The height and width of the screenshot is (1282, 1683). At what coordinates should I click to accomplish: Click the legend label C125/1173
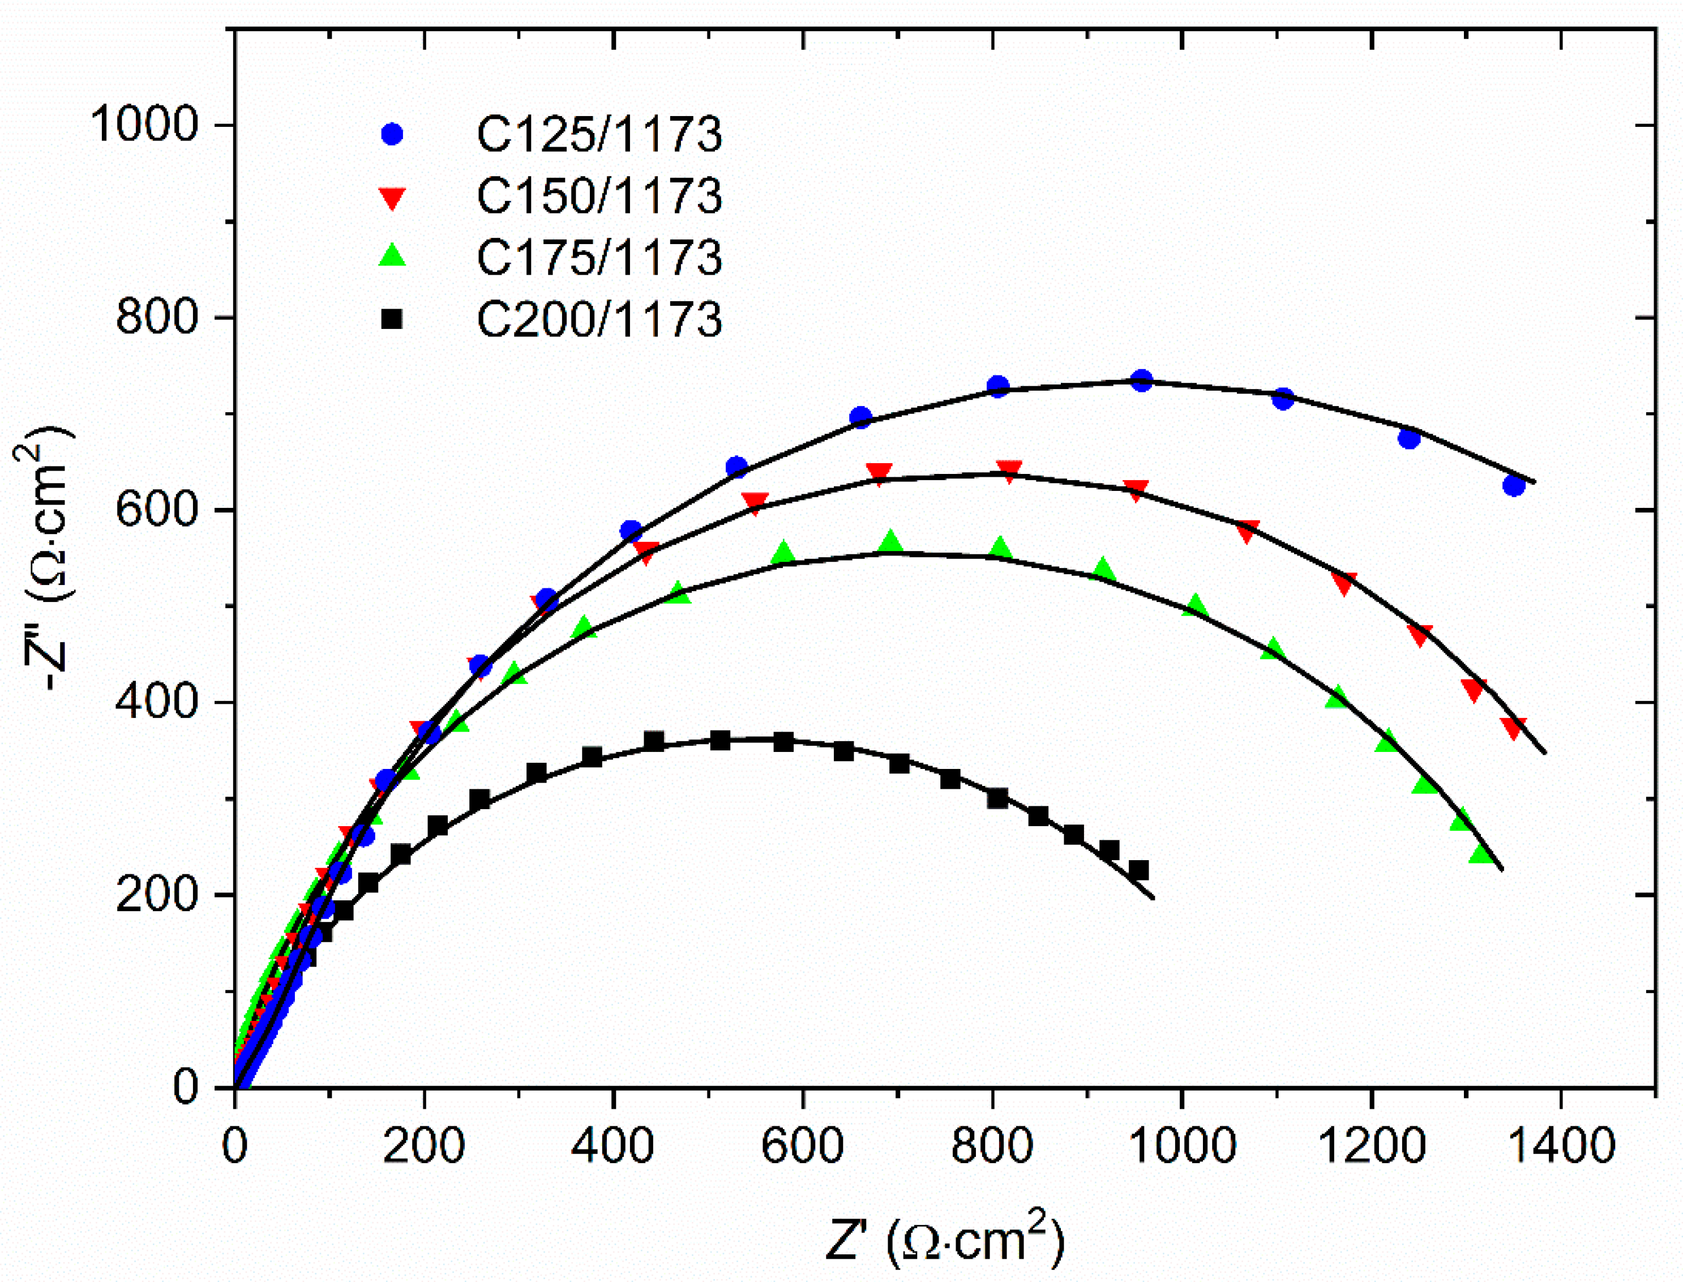pos(599,135)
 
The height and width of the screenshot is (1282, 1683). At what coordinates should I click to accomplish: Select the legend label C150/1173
pos(599,196)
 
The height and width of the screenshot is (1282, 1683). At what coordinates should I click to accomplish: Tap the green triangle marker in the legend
pos(392,255)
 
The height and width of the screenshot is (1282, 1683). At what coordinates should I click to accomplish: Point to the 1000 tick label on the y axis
pos(145,125)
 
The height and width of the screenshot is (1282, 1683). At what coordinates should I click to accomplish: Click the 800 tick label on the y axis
pos(157,317)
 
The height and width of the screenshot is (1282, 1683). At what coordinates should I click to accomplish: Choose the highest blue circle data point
pos(1141,380)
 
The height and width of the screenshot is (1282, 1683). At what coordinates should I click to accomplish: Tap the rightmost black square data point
pos(1138,871)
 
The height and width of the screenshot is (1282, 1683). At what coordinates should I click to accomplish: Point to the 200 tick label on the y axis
pos(157,894)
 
